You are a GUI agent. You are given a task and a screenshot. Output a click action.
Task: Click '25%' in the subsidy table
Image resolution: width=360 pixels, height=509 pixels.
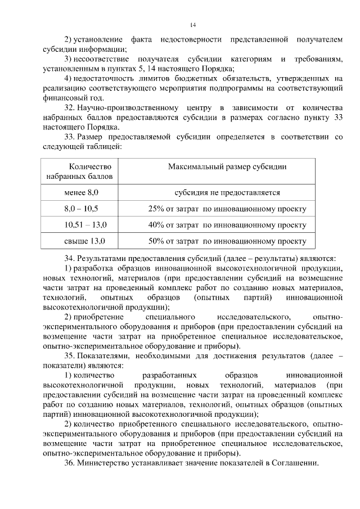point(156,209)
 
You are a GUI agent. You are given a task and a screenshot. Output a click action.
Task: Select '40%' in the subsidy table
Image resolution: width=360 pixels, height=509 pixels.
point(156,225)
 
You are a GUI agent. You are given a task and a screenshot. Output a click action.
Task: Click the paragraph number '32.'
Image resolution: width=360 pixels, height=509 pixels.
point(70,107)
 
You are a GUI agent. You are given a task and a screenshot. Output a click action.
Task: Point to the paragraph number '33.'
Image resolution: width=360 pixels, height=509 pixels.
point(70,137)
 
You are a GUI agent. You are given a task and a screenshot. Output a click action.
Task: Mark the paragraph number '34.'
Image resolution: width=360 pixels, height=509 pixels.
point(70,258)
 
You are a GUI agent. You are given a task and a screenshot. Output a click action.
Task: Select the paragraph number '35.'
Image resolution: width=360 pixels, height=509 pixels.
point(70,357)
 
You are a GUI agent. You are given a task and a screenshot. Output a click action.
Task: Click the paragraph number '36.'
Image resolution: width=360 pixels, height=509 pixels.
point(70,463)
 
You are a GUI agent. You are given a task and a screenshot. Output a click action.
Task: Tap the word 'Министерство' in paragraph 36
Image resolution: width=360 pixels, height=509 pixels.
point(105,463)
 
